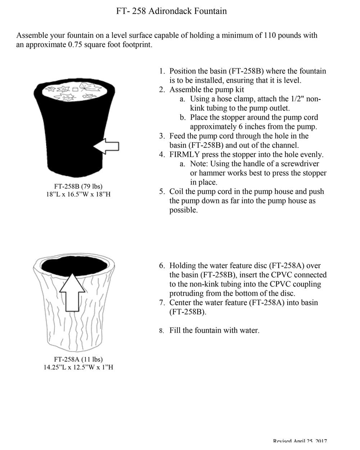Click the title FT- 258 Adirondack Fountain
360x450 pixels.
click(x=171, y=11)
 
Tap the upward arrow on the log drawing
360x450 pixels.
click(x=72, y=292)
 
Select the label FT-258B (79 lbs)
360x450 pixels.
click(x=78, y=186)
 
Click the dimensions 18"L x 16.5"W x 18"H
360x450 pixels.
click(x=78, y=194)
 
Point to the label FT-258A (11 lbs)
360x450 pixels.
click(x=78, y=359)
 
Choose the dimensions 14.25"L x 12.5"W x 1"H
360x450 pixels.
click(x=78, y=368)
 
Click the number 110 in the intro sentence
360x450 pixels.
click(x=270, y=35)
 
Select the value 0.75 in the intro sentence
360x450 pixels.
click(x=75, y=45)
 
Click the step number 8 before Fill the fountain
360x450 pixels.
click(x=162, y=330)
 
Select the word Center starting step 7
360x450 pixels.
click(x=182, y=302)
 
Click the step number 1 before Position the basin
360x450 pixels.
click(x=162, y=71)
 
